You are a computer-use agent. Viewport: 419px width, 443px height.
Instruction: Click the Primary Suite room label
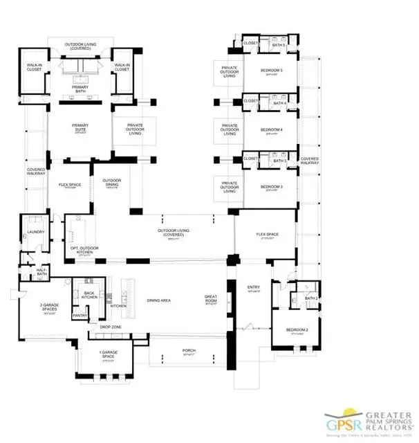[x=80, y=128]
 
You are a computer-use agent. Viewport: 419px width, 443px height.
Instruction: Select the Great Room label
[x=211, y=298]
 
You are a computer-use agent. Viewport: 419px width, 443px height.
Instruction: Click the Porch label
[x=187, y=350]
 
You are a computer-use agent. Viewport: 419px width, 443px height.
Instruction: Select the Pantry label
[x=80, y=315]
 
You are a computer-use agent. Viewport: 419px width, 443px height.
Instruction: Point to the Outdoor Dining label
[x=113, y=183]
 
